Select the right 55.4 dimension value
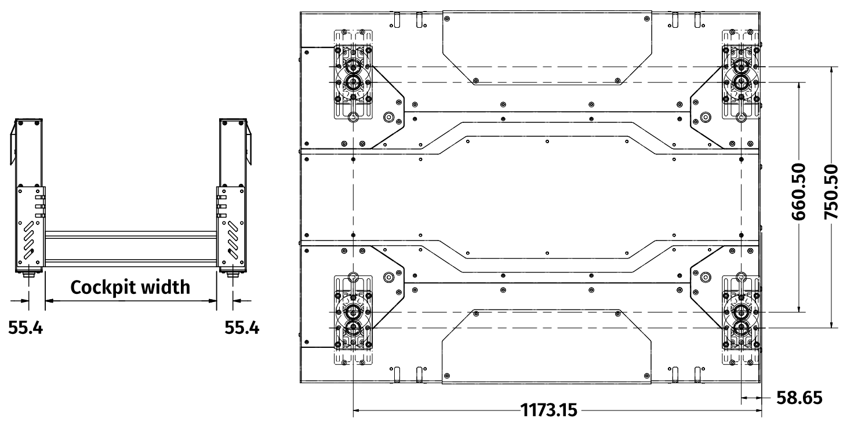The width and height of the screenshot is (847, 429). (242, 328)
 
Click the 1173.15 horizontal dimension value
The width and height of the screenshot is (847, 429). (549, 412)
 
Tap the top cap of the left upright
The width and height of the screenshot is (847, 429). (28, 122)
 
